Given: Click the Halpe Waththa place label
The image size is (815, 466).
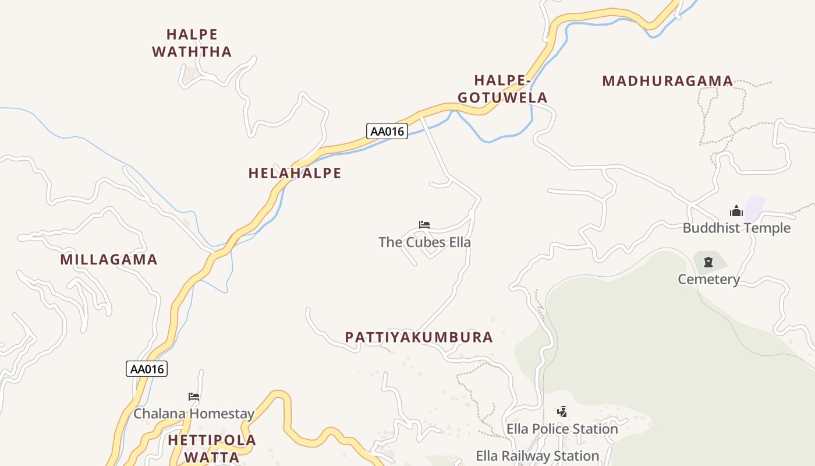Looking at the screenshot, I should (x=192, y=43).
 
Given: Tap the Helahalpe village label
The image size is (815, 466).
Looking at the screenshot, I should (x=295, y=173).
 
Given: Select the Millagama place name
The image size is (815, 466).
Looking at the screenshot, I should (x=109, y=259).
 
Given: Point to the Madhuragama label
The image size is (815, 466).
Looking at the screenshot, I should (x=667, y=81).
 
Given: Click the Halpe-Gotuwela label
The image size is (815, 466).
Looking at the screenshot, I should (x=503, y=89).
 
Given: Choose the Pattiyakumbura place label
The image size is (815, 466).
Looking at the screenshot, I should (x=419, y=337).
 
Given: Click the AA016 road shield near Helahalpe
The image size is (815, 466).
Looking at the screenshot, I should (x=387, y=131).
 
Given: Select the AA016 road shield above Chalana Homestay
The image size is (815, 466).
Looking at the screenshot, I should (x=147, y=369).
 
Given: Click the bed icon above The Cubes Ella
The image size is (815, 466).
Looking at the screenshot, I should (x=424, y=225).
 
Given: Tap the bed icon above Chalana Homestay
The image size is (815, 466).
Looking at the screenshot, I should (x=194, y=397).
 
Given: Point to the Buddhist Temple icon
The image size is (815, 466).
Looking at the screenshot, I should (x=736, y=211).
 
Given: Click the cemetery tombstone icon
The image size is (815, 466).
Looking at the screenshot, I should (x=708, y=263).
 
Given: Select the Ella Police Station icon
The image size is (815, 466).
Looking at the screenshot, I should (x=562, y=412).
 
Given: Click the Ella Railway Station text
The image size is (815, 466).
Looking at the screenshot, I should (x=537, y=456).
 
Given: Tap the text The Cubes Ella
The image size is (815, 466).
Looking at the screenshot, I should (x=424, y=242).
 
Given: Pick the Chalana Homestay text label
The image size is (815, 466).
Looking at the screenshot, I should (x=194, y=414).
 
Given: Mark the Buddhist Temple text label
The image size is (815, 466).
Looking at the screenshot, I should (x=736, y=228).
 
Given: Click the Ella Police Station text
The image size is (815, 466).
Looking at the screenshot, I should (x=562, y=429).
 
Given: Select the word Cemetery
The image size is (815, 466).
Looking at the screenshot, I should (x=708, y=279).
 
